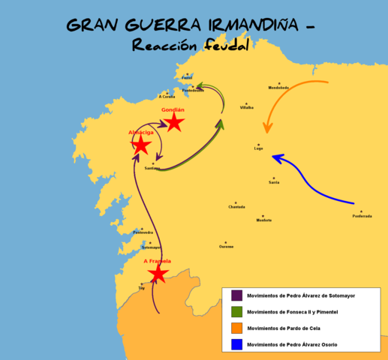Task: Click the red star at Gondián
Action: tap(173, 121)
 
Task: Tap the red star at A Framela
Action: tap(158, 274)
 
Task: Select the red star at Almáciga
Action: tap(141, 145)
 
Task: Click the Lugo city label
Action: tap(259, 149)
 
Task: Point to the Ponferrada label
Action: tap(362, 216)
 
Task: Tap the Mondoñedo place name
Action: tap(278, 88)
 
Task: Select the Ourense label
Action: tap(227, 247)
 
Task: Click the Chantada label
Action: tap(236, 207)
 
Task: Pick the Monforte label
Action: tap(264, 220)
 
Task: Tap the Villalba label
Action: tap(246, 108)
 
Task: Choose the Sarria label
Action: tap(274, 182)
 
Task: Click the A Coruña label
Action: tap(167, 97)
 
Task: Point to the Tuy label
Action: tap(141, 289)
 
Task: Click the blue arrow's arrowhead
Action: tap(276, 157)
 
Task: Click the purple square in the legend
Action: tap(236, 295)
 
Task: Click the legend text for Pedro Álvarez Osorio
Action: tap(292, 344)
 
